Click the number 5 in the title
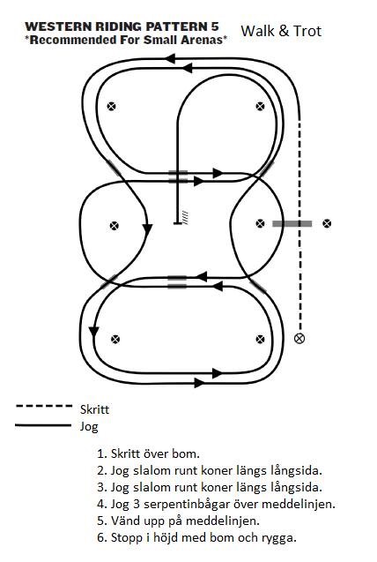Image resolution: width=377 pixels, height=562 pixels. (x=214, y=26)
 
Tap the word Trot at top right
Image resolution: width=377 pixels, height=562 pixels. (x=307, y=31)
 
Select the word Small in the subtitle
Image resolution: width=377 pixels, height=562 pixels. (x=160, y=40)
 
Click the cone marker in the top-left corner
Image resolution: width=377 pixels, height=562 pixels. (x=112, y=106)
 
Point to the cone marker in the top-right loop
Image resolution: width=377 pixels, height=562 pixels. (x=261, y=106)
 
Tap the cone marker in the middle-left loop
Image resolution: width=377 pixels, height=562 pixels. (x=115, y=226)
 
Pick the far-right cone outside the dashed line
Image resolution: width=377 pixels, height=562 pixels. (x=327, y=224)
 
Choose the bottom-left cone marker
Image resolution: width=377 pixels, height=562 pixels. (x=115, y=339)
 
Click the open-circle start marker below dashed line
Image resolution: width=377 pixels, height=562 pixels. (x=299, y=338)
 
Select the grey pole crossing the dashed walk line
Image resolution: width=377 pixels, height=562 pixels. (x=292, y=224)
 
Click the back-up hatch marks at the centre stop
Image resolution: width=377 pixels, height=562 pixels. (x=185, y=217)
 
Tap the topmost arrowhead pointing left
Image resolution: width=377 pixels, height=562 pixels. (x=171, y=58)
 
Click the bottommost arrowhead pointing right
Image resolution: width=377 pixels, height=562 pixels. (x=200, y=383)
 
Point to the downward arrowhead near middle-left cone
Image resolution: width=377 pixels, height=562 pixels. (x=147, y=229)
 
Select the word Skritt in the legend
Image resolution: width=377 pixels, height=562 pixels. (x=94, y=409)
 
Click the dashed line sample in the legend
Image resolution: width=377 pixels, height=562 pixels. (x=44, y=406)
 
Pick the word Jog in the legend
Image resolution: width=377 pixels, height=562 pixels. (x=89, y=427)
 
